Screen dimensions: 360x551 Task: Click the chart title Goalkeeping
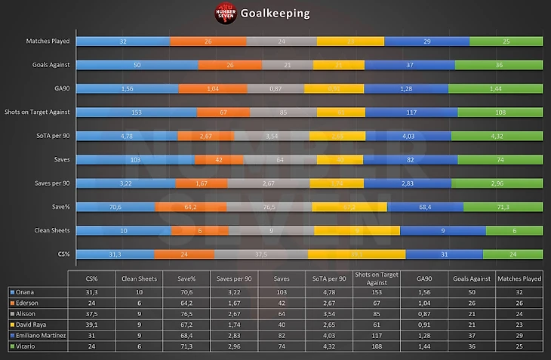[x=274, y=14]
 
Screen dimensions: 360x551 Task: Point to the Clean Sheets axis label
[x=49, y=230]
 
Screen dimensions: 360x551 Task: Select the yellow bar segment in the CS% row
[x=356, y=254]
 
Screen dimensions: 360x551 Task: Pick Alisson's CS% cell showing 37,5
[x=93, y=312]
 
